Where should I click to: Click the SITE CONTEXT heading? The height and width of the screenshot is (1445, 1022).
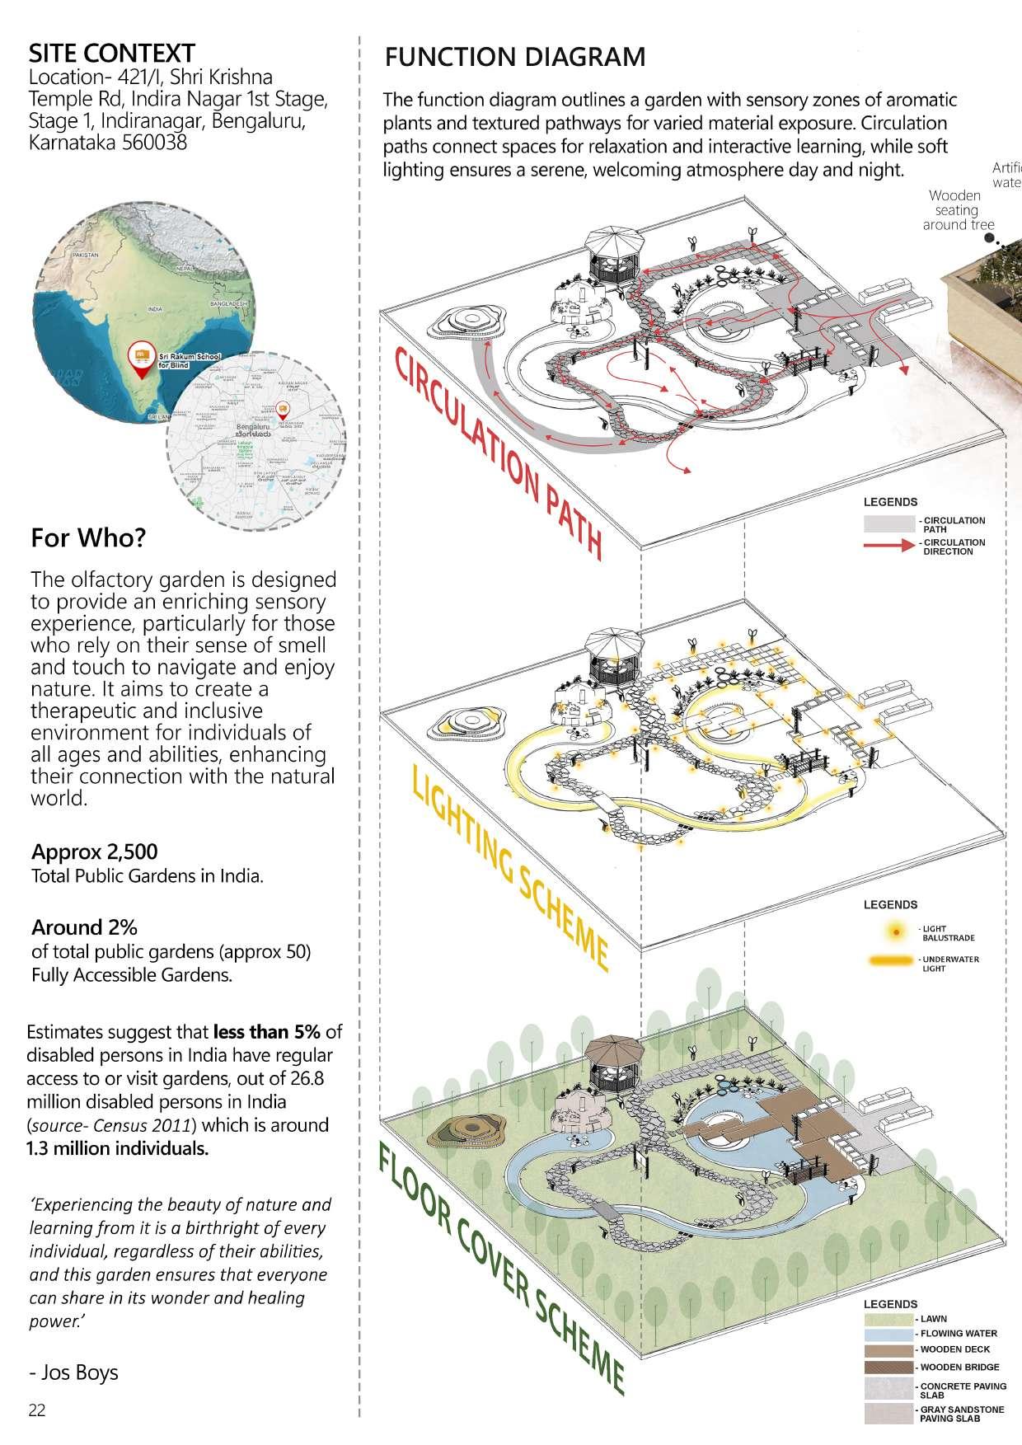click(111, 54)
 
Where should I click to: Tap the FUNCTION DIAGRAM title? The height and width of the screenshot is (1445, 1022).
click(515, 57)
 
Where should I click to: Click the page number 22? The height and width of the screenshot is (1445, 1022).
click(37, 1410)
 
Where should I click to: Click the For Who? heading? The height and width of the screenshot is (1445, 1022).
click(88, 538)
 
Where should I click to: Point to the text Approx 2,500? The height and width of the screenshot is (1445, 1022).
click(95, 852)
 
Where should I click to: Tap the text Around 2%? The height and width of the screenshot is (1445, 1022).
click(84, 927)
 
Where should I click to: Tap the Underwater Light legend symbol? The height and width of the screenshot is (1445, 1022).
click(892, 960)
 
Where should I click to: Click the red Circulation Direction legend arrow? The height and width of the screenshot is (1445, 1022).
click(890, 546)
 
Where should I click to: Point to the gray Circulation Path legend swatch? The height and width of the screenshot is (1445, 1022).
click(888, 523)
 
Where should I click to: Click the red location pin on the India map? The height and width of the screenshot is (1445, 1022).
click(143, 359)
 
